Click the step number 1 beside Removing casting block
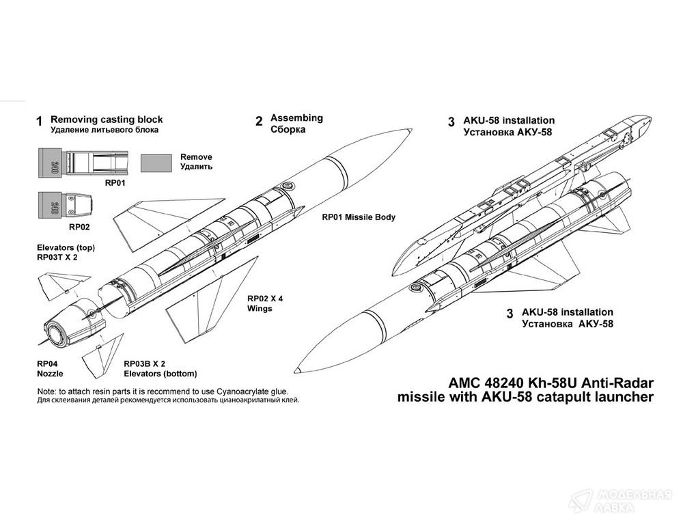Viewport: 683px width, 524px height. (x=39, y=122)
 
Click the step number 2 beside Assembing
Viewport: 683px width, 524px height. (x=259, y=122)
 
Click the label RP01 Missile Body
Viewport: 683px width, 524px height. (x=359, y=217)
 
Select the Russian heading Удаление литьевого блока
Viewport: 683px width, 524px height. (x=104, y=129)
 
